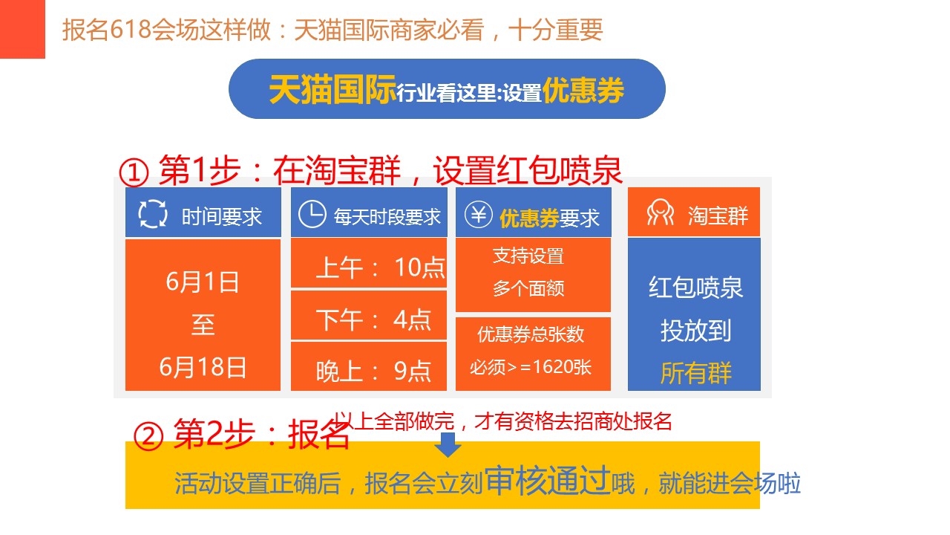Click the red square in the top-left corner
(x=22, y=29)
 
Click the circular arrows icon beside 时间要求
(x=153, y=213)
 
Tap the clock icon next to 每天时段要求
(x=312, y=213)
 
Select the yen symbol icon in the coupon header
(x=479, y=215)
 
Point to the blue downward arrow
(x=448, y=444)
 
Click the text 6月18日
(x=203, y=367)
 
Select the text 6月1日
(x=203, y=282)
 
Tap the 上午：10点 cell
(x=369, y=263)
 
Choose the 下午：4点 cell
(x=369, y=316)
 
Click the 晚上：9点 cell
(x=369, y=366)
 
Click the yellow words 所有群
(x=696, y=373)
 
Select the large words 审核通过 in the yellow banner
(x=548, y=480)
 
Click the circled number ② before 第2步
(x=148, y=436)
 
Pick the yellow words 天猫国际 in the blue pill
(x=332, y=90)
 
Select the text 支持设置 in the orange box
(x=528, y=256)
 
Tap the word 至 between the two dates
(x=203, y=325)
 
